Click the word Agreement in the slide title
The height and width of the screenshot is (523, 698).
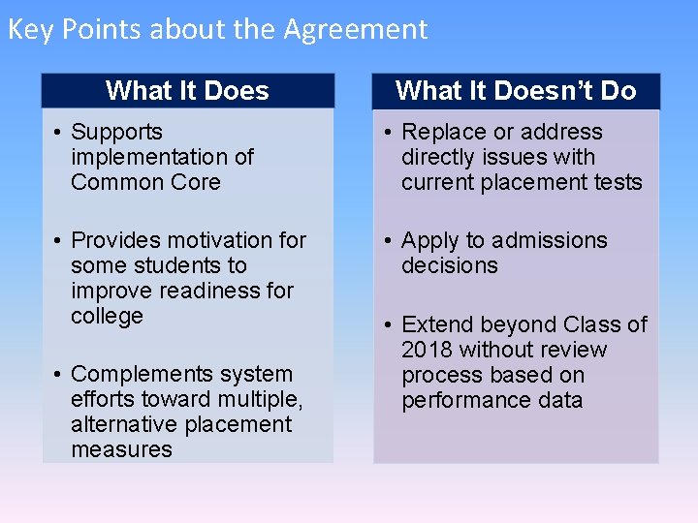click(355, 30)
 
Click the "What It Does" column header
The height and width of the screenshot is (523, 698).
click(187, 91)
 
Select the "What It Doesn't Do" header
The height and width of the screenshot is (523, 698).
click(516, 91)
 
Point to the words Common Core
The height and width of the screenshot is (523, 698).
click(145, 182)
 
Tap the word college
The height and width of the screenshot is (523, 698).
click(107, 316)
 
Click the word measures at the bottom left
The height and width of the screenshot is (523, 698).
click(121, 449)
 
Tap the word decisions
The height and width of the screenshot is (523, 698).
click(449, 265)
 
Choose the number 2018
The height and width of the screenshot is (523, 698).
click(428, 350)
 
